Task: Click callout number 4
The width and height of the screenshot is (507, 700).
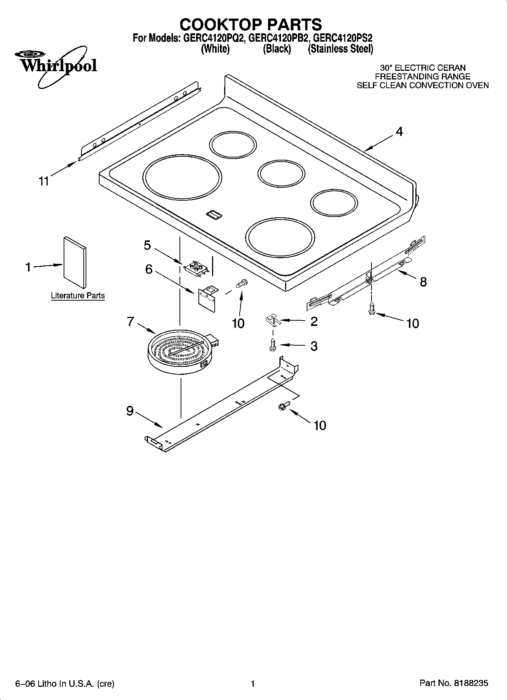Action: click(399, 132)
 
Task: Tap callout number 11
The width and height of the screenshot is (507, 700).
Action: click(44, 181)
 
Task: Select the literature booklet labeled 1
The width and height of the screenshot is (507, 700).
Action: click(75, 262)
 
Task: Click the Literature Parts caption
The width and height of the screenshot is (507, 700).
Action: click(78, 296)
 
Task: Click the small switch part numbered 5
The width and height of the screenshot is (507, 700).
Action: click(196, 268)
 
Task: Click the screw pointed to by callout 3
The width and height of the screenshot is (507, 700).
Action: click(272, 345)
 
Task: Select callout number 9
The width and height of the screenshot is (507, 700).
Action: click(130, 411)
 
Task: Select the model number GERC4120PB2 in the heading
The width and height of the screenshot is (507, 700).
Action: click(279, 38)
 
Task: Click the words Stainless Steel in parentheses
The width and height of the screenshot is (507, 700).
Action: click(340, 49)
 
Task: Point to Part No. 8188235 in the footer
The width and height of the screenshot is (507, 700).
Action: click(454, 683)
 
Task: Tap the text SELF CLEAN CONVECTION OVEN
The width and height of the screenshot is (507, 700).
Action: click(423, 86)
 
